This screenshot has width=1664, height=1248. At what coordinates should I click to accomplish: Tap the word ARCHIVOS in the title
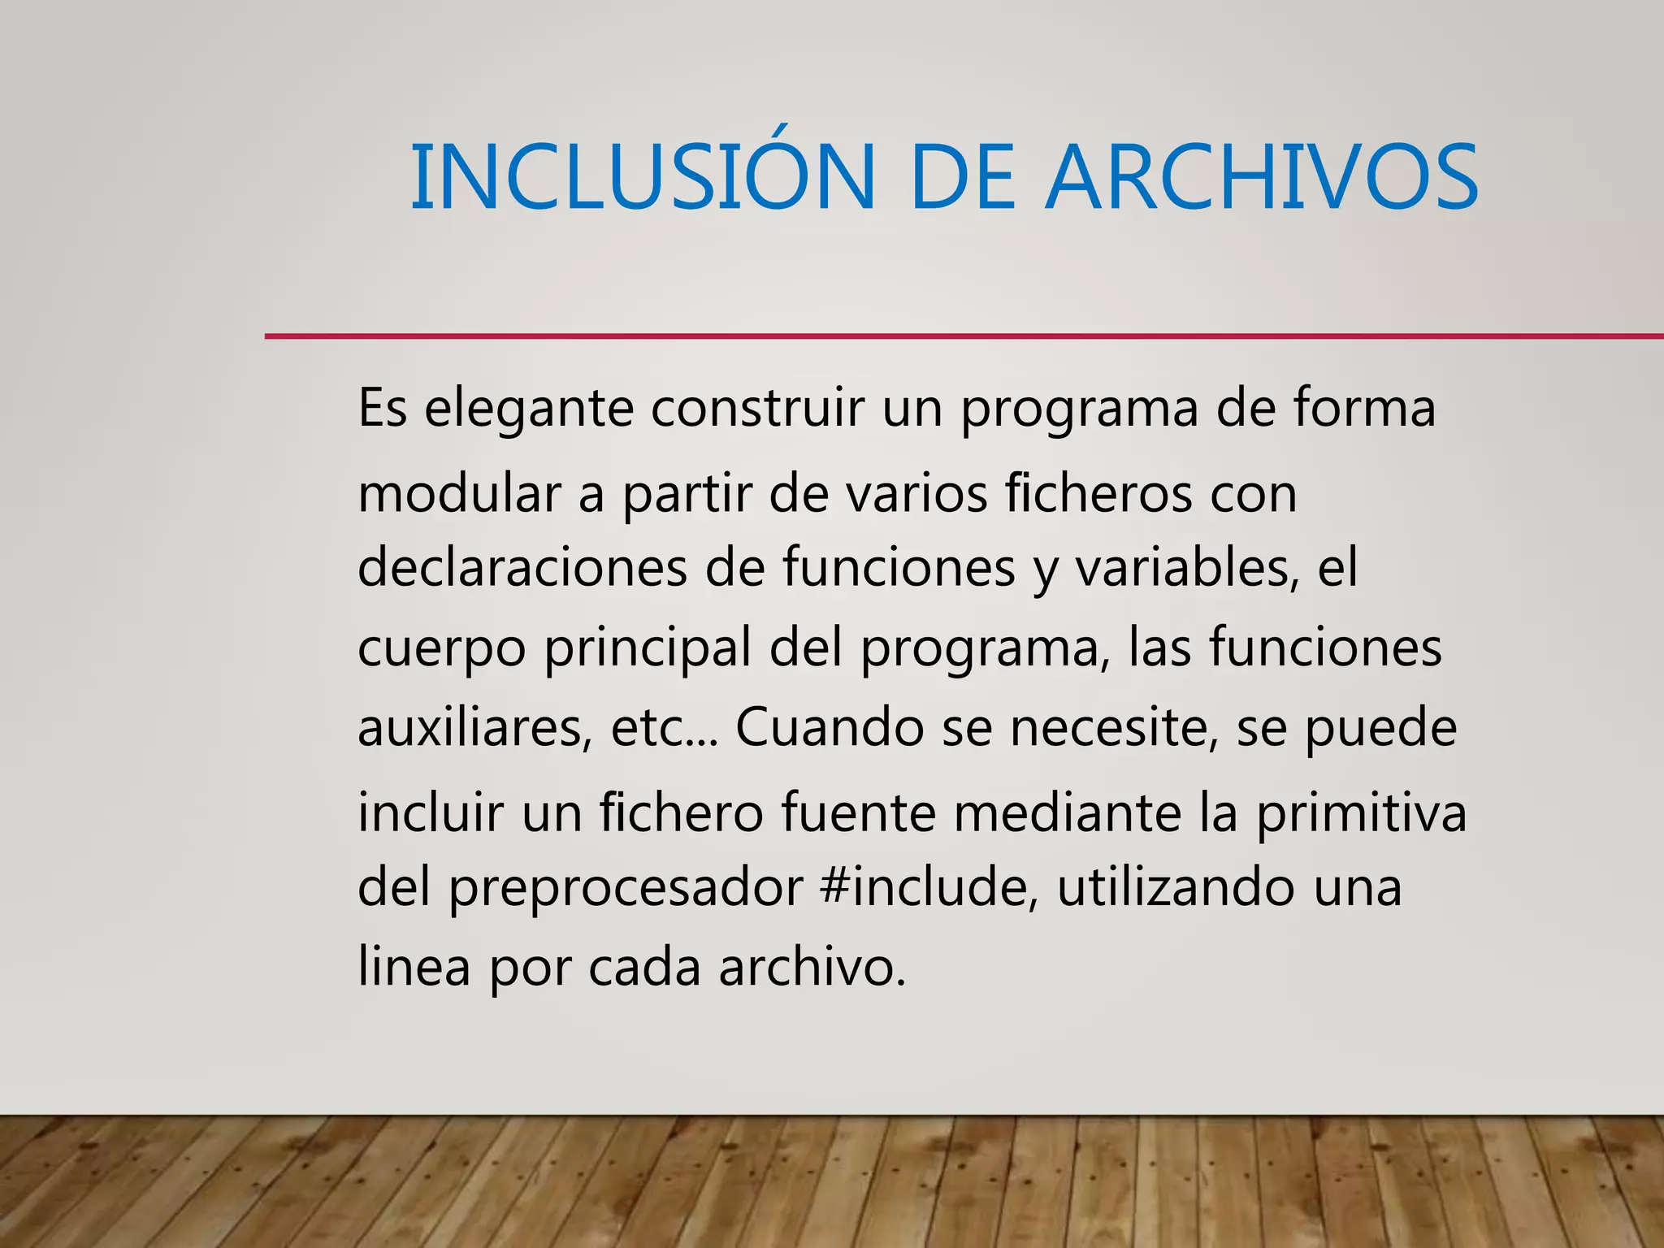[1261, 177]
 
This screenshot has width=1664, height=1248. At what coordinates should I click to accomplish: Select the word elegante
[528, 409]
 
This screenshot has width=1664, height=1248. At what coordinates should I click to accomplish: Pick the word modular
[459, 493]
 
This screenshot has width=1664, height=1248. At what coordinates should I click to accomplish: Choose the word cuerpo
[442, 648]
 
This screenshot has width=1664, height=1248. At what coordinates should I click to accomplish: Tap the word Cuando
[830, 728]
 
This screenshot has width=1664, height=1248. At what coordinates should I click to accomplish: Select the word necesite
[1114, 728]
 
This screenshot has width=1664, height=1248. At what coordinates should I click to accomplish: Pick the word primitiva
[1362, 812]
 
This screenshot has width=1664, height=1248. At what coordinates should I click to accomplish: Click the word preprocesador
[626, 888]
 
